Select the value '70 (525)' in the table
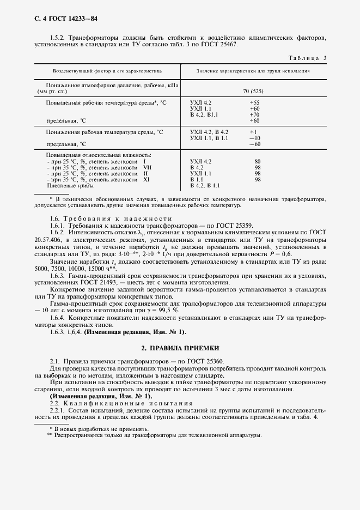tap(253, 92)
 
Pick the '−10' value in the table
tap(253, 138)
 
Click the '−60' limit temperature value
tap(253, 144)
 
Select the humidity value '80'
tap(258, 162)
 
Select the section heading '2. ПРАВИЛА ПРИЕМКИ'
tap(180, 347)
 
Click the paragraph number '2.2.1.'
tap(59, 410)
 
